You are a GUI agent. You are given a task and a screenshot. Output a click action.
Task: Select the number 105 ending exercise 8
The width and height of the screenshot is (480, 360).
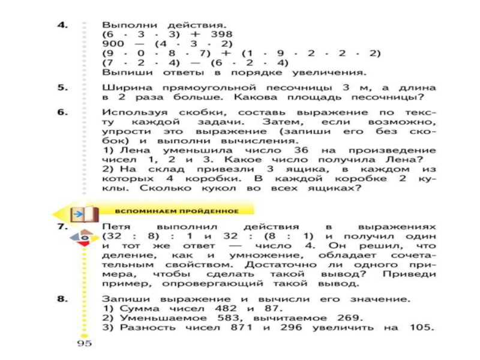[419, 327]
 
